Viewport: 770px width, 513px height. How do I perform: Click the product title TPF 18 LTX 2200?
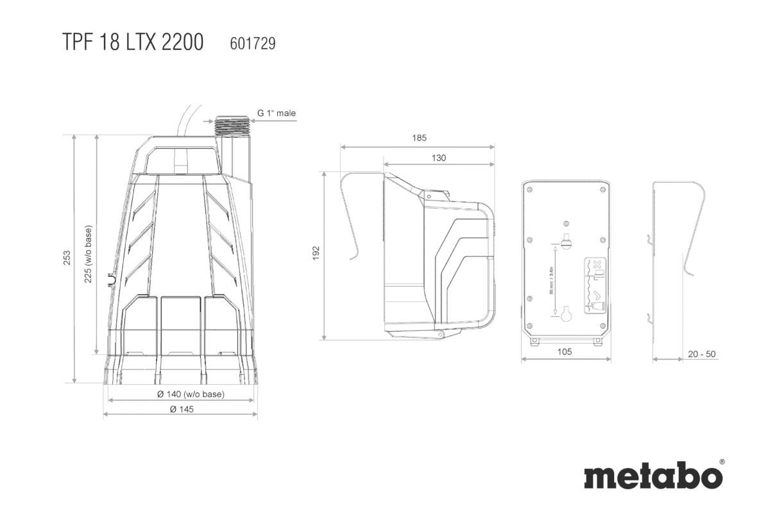coord(133,42)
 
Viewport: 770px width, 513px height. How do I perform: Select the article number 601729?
coord(252,43)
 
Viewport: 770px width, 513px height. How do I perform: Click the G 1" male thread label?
coord(277,114)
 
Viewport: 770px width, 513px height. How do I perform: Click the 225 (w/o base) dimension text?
coord(88,253)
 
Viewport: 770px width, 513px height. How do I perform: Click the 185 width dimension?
coord(419,138)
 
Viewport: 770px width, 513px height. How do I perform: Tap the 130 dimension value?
coord(439,158)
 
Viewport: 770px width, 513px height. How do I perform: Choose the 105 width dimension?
coord(565,351)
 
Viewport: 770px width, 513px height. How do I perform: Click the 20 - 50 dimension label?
coord(701,354)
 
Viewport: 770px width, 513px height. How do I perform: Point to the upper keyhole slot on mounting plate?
coord(566,242)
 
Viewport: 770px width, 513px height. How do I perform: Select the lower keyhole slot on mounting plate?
coord(566,315)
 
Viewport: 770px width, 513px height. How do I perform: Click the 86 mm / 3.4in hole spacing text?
coord(552,280)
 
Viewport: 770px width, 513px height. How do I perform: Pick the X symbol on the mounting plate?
coord(595,264)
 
